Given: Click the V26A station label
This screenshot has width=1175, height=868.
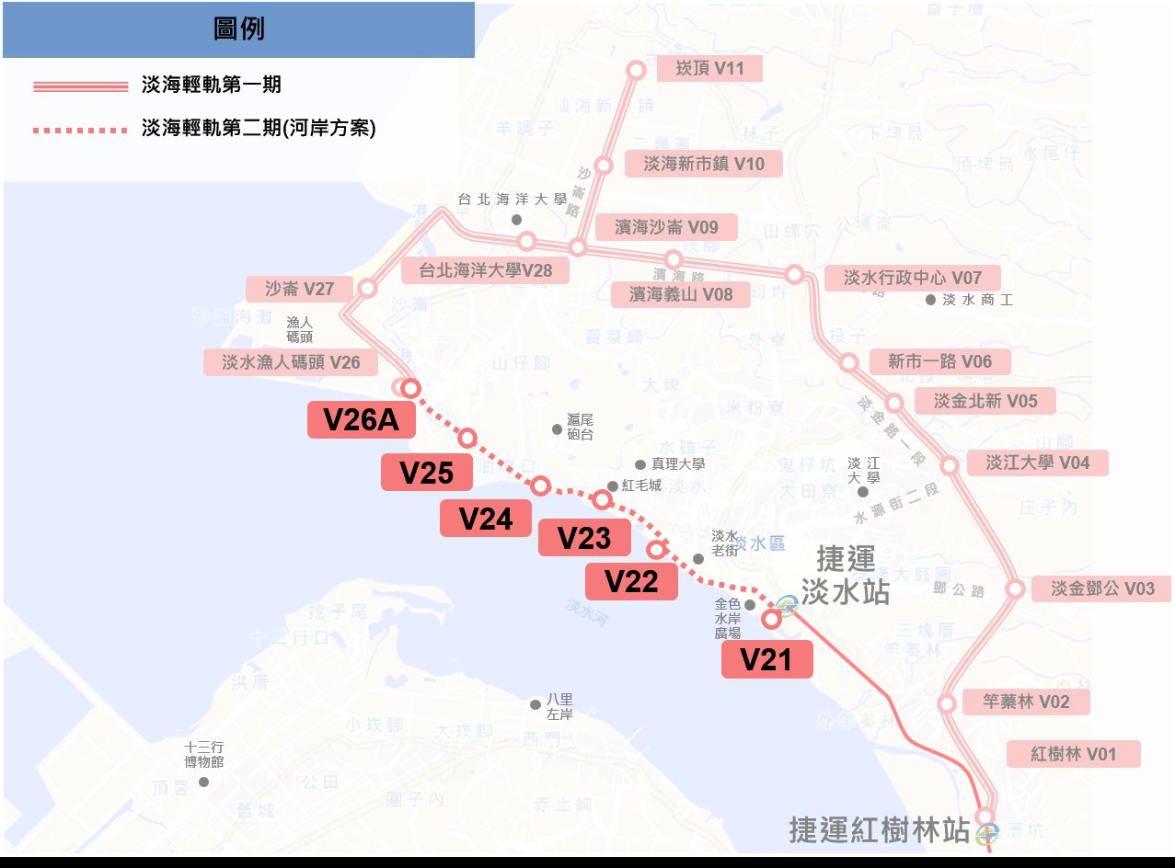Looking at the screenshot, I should click(362, 420).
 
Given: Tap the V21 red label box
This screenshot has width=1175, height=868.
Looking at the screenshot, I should click(766, 660).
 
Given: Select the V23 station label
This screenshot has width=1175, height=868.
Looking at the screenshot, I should click(584, 538).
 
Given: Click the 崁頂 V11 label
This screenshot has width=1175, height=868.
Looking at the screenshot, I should click(709, 67).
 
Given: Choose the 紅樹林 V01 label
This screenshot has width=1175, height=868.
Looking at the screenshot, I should click(1073, 754).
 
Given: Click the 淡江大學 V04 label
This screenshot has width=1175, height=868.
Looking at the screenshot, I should click(1037, 463).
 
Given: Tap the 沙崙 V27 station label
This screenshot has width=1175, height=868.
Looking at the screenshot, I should click(299, 289).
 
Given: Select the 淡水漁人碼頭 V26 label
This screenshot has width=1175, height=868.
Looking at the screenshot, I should click(291, 362).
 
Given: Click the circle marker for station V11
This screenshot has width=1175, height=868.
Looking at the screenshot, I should click(636, 70).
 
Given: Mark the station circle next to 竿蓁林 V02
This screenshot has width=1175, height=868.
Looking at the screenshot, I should click(946, 704).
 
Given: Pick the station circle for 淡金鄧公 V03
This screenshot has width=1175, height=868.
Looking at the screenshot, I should click(1015, 588).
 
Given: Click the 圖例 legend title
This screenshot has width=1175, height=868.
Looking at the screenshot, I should click(238, 29).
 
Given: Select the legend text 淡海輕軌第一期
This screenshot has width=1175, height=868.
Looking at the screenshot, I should click(212, 86).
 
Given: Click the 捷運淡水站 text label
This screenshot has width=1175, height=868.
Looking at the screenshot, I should click(845, 576).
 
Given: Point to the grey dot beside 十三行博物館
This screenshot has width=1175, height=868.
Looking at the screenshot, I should click(203, 782).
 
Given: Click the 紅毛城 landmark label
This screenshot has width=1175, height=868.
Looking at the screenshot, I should click(641, 485).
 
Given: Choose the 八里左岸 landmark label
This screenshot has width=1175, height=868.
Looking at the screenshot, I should click(559, 706).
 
